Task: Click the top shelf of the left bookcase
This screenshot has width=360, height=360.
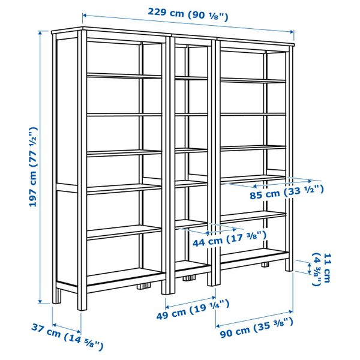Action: [x=124, y=75]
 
